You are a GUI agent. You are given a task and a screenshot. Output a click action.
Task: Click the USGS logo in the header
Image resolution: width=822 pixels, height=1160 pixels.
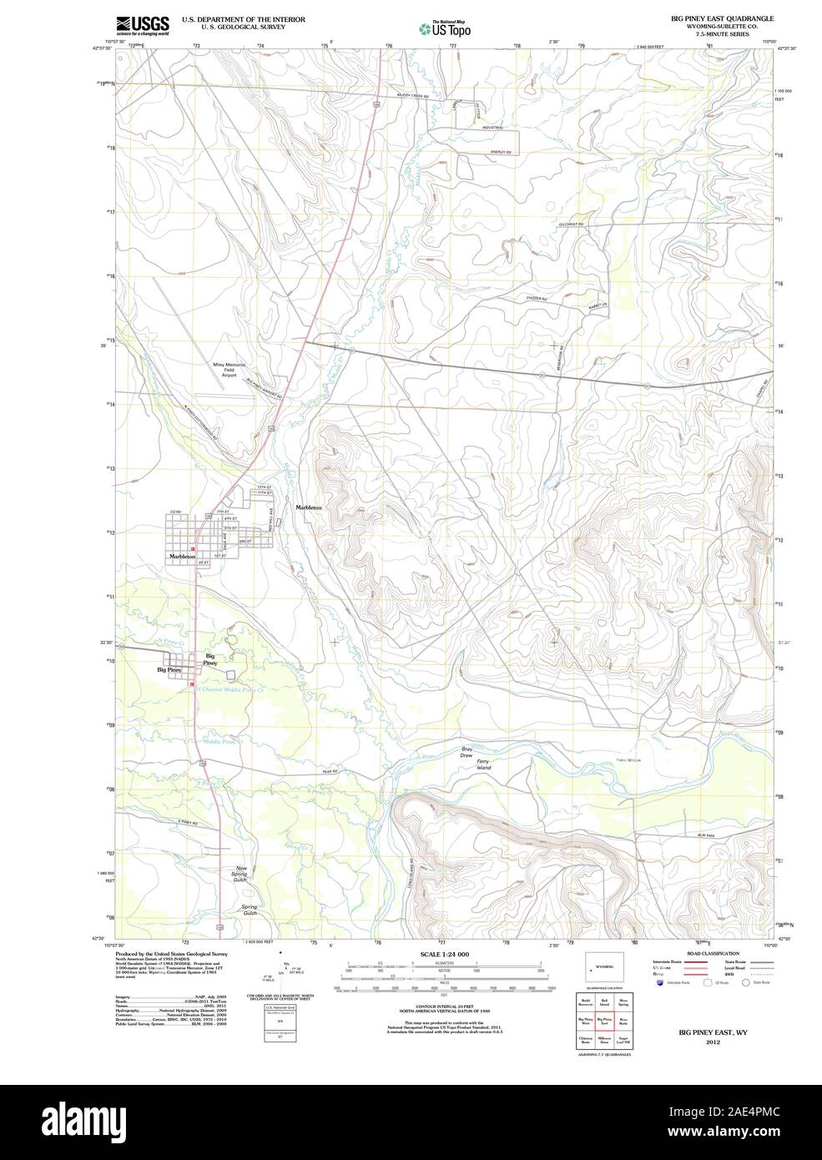(x=143, y=25)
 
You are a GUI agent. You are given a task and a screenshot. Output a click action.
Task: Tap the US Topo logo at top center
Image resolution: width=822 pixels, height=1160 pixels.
(x=446, y=28)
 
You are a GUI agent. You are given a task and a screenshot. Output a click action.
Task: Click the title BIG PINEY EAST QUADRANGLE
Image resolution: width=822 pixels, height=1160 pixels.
(x=722, y=18)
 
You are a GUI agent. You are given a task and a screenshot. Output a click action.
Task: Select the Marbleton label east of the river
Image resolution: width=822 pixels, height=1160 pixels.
(x=308, y=507)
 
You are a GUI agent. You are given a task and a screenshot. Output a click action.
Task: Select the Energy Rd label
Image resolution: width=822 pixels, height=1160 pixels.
(x=500, y=151)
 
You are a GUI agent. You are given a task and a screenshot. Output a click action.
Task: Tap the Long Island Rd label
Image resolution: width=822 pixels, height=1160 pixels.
(x=411, y=872)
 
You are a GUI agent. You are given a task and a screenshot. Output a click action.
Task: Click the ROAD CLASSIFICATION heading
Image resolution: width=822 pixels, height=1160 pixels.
(x=713, y=953)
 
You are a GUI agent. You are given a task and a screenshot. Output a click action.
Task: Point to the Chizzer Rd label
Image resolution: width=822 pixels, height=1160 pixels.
(x=537, y=298)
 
